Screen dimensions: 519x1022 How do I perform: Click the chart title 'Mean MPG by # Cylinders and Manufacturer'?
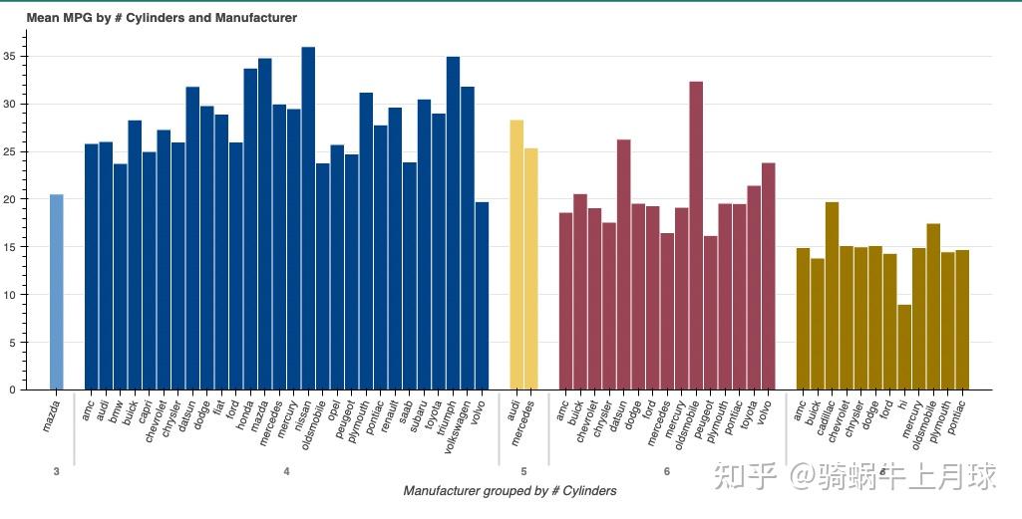tap(162, 18)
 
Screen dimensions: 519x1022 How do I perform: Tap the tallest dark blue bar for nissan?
tap(308, 218)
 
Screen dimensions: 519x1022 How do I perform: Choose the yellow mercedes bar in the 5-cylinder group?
tap(531, 269)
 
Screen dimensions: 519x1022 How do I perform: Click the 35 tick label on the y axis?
tap(13, 57)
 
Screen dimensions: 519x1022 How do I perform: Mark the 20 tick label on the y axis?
tap(13, 199)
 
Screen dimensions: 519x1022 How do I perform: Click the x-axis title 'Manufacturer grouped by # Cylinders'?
tap(510, 491)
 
